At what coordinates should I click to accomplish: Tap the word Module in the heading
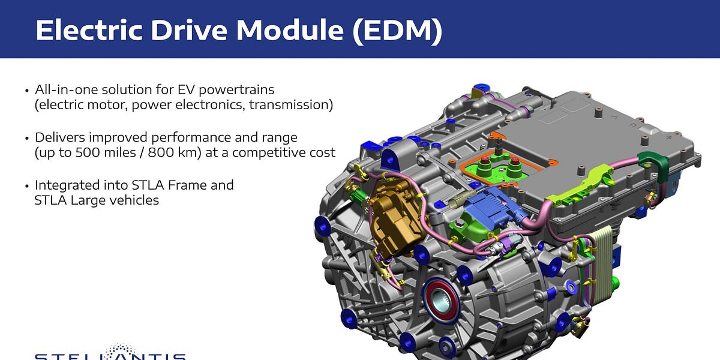(292, 30)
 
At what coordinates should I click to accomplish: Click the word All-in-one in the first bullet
(62, 90)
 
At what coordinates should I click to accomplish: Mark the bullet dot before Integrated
(26, 186)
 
